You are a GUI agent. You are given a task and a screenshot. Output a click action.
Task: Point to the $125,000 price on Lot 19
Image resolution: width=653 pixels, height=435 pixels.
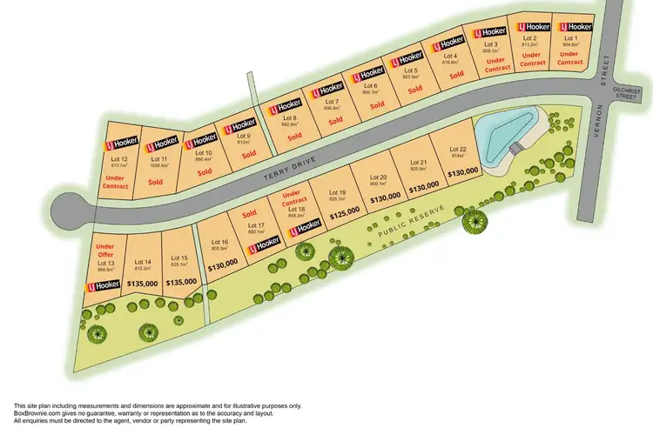coord(345,211)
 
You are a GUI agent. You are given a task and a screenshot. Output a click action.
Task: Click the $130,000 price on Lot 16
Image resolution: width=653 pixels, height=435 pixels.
coord(222,262)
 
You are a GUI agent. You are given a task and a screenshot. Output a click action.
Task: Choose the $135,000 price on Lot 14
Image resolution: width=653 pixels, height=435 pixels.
coord(143,283)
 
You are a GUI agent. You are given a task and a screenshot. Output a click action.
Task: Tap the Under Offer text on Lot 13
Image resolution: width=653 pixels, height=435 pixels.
coord(106,251)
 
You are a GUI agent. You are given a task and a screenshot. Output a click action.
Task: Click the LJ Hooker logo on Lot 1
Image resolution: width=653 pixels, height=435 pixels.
coord(576,26)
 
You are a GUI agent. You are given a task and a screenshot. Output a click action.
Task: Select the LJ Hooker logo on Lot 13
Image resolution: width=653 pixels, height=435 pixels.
coord(102,284)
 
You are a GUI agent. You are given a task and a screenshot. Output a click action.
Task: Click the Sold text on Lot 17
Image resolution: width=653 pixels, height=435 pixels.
coord(249,213)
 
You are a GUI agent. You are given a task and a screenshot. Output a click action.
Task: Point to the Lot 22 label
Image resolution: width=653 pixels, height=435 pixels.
coord(458,149)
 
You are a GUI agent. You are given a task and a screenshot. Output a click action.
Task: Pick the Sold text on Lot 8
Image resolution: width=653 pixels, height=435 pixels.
coord(295,137)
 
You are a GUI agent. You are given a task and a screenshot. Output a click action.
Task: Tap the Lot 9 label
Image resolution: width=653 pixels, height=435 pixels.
coord(244,136)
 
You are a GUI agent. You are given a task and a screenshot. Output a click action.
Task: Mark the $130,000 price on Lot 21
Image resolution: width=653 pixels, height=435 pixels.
coord(423,187)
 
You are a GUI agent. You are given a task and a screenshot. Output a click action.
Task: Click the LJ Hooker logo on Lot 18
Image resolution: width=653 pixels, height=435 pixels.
coord(304,225)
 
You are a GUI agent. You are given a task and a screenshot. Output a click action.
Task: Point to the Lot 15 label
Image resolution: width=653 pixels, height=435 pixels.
coord(180,258)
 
